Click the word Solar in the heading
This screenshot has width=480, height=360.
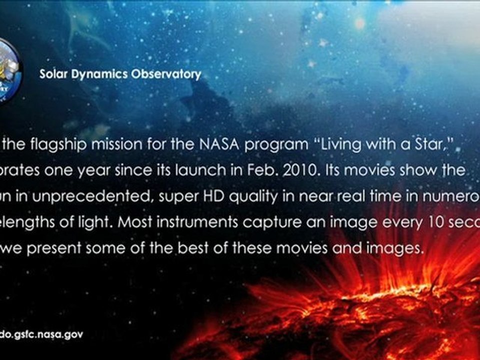click(52, 74)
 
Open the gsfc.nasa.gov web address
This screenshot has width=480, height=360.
click(41, 334)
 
